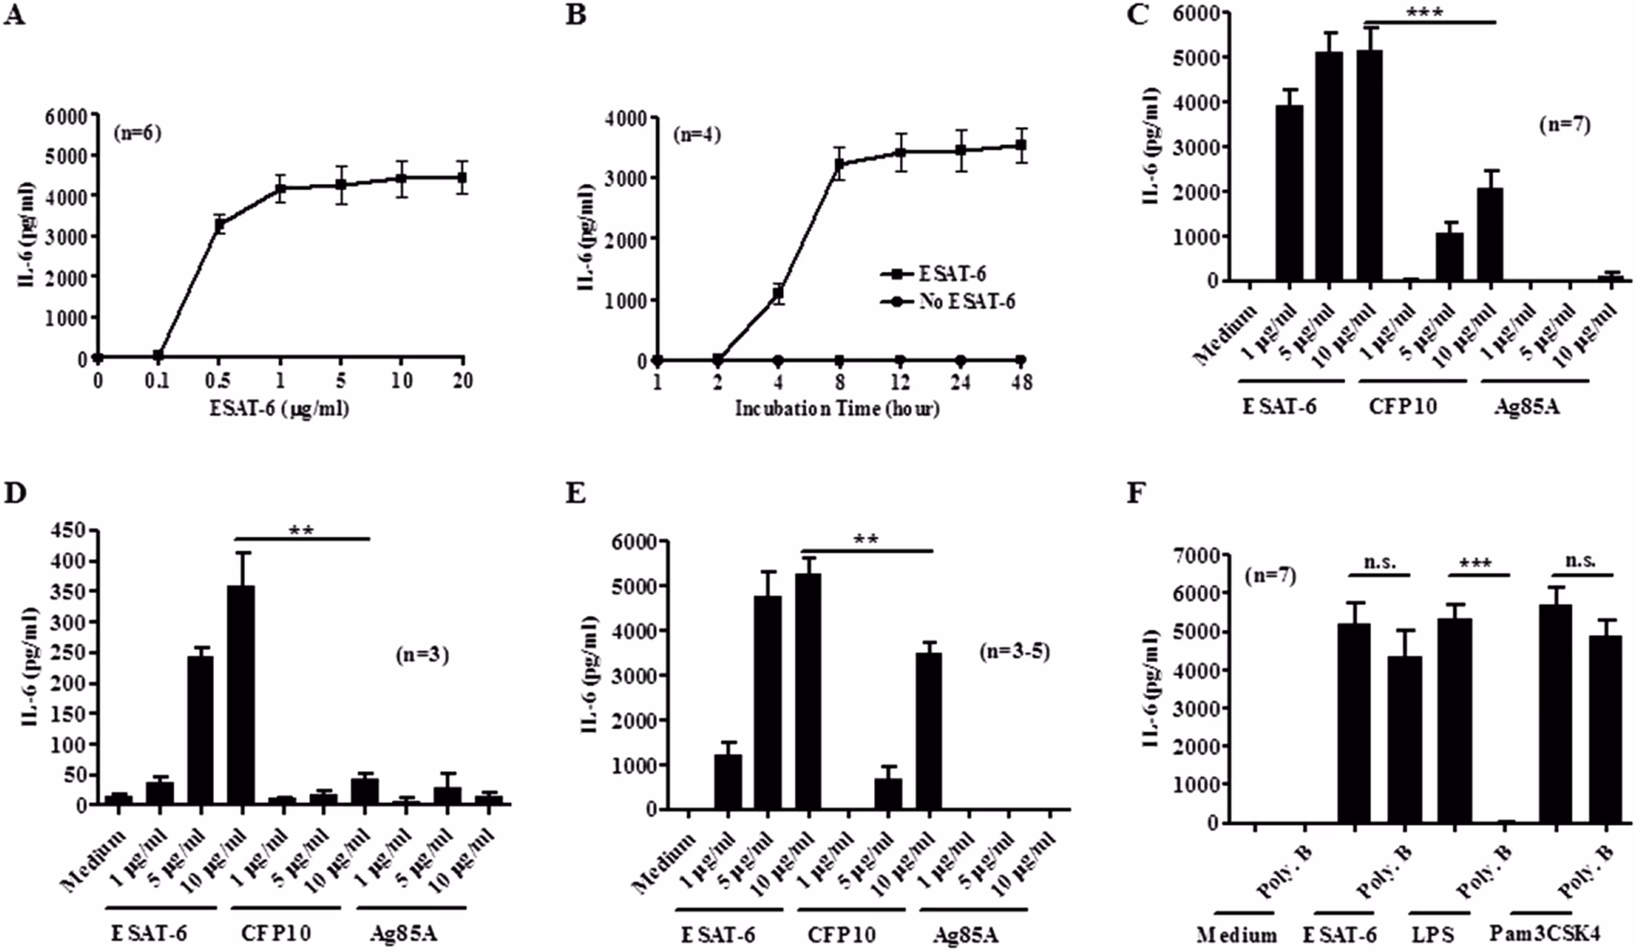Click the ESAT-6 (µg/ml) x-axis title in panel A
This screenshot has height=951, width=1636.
click(279, 409)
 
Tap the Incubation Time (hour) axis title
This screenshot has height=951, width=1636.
click(837, 409)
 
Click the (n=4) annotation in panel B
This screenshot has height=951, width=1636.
click(696, 135)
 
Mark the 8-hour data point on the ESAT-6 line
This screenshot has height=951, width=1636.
click(839, 164)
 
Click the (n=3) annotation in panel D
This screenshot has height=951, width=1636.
click(421, 654)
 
